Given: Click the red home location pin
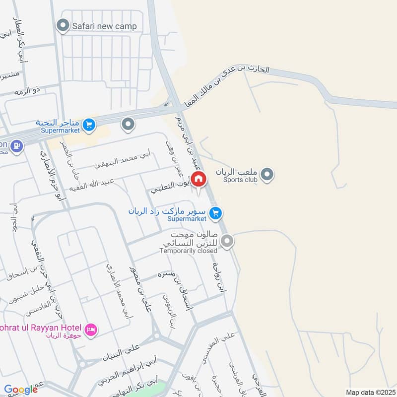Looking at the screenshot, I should point(198,179).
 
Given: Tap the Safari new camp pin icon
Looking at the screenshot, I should point(63,26).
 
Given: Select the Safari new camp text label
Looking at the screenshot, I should point(104,26).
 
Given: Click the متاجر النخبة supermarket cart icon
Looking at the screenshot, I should point(89,125).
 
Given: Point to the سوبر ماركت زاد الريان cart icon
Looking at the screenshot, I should point(215,214).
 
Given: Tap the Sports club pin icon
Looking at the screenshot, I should point(267,174).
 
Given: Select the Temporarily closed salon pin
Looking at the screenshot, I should point(227,242).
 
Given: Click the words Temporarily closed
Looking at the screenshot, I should point(188,251).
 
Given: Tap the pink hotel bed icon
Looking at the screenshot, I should point(90,330).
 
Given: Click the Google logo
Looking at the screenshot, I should point(20,390).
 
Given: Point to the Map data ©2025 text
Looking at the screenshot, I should point(369,393).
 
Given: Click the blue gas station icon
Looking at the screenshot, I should point(16,146).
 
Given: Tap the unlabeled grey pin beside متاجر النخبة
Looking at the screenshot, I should point(128,124).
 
